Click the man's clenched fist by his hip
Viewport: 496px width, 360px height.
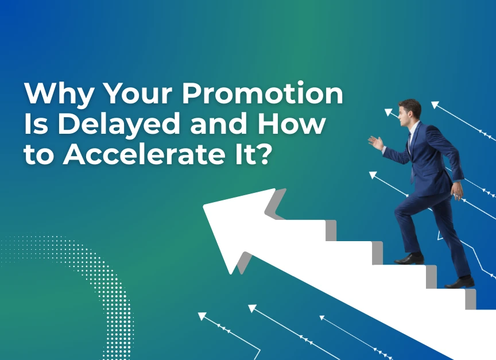(457, 190)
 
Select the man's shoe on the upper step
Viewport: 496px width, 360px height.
(408, 259)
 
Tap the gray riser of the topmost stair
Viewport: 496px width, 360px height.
(331, 230)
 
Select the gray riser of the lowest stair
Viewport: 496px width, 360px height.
(470, 299)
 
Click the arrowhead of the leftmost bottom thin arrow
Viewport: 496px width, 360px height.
(201, 316)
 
